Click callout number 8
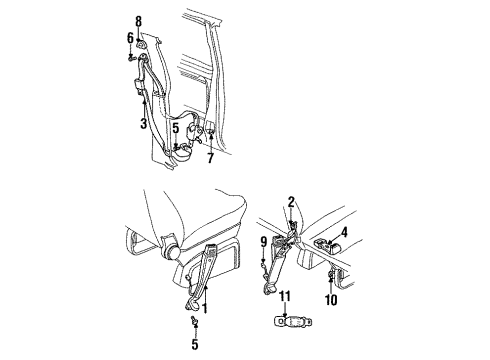coord(139,19)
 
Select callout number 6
coord(130,38)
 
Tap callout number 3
coord(143,123)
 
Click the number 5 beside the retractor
coord(175,127)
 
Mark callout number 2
coord(291,202)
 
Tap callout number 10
coord(331,298)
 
